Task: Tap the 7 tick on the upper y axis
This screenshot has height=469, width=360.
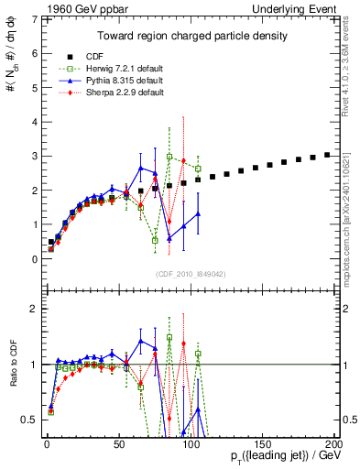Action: tap(33, 18)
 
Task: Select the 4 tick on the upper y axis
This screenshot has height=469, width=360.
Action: tap(33, 122)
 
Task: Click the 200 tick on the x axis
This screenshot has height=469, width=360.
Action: tap(333, 443)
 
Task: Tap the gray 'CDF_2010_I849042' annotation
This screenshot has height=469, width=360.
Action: tap(190, 273)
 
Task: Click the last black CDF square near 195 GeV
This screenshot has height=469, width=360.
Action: tap(327, 155)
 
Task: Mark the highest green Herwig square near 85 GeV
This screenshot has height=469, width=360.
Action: tap(169, 157)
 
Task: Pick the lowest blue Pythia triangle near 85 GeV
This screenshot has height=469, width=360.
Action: tap(169, 238)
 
